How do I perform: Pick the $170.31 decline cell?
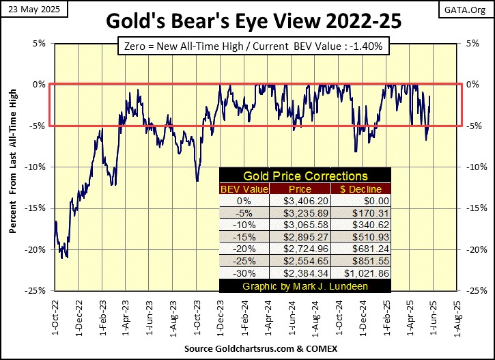(x=360, y=214)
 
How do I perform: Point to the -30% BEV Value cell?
(x=244, y=273)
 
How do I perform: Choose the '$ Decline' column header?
(x=360, y=189)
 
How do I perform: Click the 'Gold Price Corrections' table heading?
(x=305, y=176)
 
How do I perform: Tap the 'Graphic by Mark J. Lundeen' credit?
(x=305, y=286)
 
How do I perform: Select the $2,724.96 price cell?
(x=300, y=249)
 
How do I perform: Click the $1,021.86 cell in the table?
(x=360, y=273)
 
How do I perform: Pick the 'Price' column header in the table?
(x=300, y=189)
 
